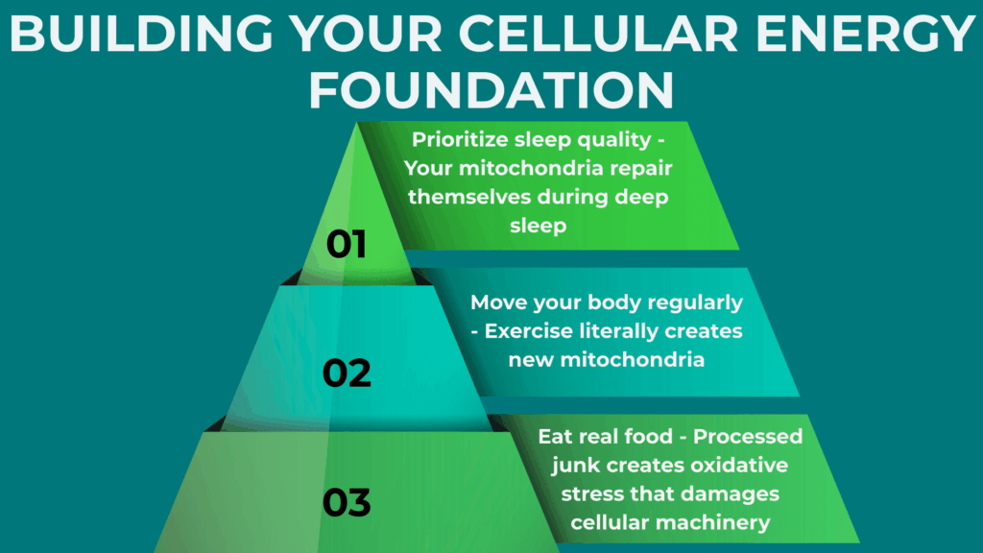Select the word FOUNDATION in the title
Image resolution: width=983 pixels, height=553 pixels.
coord(491,89)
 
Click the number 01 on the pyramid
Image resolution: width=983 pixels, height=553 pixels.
coord(347,244)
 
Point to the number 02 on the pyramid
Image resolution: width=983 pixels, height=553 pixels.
coord(347,373)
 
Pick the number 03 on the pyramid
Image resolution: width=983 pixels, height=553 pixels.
coord(347,502)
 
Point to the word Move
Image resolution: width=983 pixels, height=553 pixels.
coord(498,302)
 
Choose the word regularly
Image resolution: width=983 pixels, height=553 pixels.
coord(692,302)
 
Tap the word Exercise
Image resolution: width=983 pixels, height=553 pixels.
coord(530,331)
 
